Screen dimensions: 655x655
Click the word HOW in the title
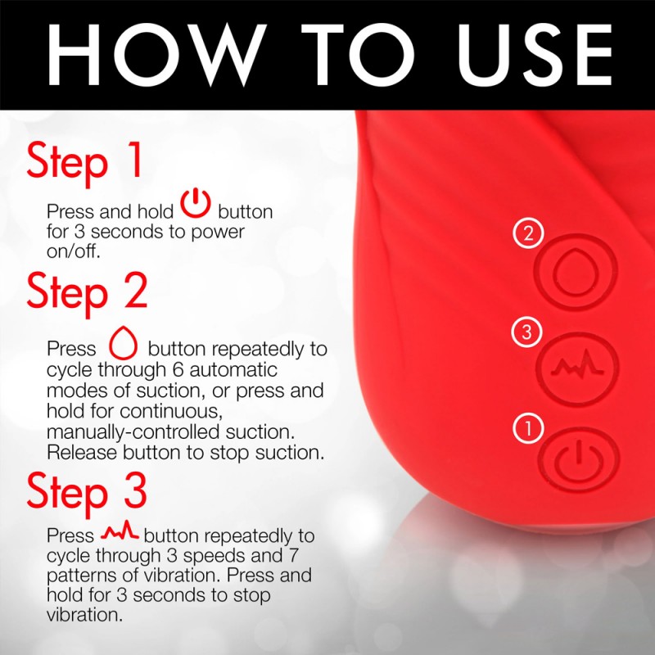click(157, 55)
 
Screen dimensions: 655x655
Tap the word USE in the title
click(535, 55)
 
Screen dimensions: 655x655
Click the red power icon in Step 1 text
click(196, 203)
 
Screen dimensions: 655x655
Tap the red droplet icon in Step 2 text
click(123, 343)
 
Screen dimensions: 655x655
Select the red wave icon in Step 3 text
click(120, 531)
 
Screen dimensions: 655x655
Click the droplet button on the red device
click(576, 272)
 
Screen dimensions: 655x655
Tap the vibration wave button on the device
click(577, 368)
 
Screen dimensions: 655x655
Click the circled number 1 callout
click(528, 428)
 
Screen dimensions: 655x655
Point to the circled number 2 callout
click(528, 233)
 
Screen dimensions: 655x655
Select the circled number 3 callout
click(527, 332)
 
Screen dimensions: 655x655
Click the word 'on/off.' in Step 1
click(74, 251)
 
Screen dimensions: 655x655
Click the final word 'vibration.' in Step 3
click(85, 615)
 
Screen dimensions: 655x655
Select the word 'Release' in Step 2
click(82, 453)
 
